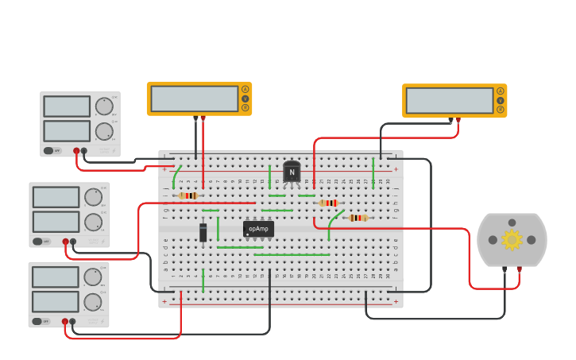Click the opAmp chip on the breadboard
click(x=258, y=229)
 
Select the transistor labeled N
click(x=292, y=172)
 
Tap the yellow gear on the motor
click(x=512, y=239)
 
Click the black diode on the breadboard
click(x=203, y=232)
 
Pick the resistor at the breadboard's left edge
click(x=188, y=195)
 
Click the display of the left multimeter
click(x=195, y=99)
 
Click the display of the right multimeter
click(x=450, y=100)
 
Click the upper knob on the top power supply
click(x=104, y=106)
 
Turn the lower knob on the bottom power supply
click(x=93, y=302)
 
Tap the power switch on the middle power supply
click(x=37, y=241)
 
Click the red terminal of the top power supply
click(x=77, y=150)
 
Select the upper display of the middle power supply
click(x=56, y=197)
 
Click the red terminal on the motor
click(x=520, y=269)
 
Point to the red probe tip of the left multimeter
click(x=203, y=119)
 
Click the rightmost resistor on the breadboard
click(x=358, y=218)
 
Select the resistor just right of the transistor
click(x=328, y=203)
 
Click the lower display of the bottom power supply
click(x=55, y=302)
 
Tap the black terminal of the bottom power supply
click(x=72, y=322)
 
